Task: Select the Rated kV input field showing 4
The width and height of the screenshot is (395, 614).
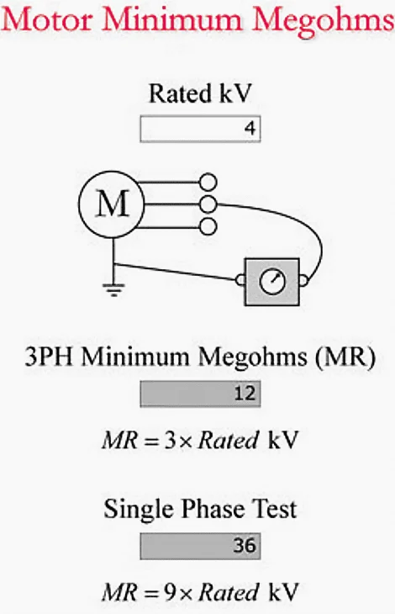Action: [x=200, y=129]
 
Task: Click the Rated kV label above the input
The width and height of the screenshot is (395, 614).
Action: [x=199, y=94]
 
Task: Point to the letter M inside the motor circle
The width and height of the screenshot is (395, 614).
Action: [x=113, y=204]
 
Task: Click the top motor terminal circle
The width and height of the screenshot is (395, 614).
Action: [x=208, y=182]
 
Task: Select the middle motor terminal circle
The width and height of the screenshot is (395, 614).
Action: [x=208, y=204]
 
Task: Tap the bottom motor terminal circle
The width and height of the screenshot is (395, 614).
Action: [x=208, y=227]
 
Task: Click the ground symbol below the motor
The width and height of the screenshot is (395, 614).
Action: [x=113, y=290]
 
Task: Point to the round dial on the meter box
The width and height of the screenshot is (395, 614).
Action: [x=272, y=281]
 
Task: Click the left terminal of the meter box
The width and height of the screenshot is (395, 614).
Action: [x=241, y=279]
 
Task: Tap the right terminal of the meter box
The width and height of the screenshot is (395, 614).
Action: [x=303, y=280]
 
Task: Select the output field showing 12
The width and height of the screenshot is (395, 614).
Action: [x=200, y=394]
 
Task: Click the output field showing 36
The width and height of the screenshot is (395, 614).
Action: [x=200, y=546]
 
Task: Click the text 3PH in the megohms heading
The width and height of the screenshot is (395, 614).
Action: [x=49, y=357]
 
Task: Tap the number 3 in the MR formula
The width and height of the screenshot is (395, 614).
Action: [x=171, y=441]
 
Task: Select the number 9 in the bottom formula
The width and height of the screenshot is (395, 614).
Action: [x=171, y=592]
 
